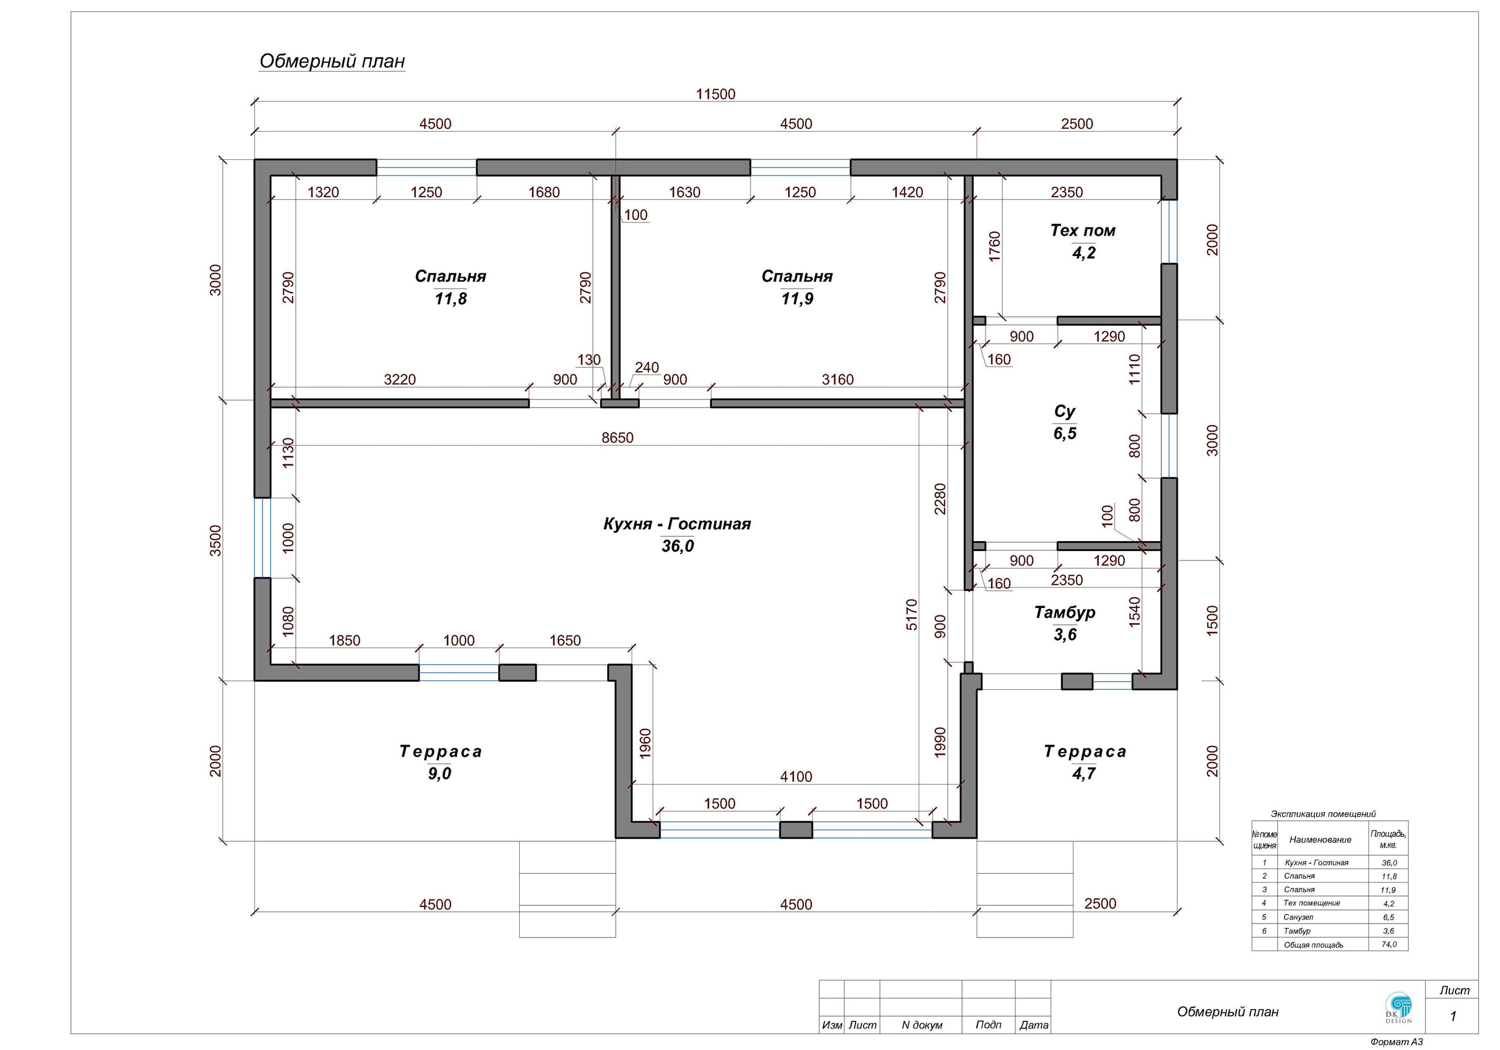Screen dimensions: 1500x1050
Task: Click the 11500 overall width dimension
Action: tap(715, 94)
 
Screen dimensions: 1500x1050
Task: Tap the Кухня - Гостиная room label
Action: tap(677, 524)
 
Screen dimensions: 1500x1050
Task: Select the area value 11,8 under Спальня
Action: tap(451, 299)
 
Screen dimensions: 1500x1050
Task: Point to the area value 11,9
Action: tap(797, 299)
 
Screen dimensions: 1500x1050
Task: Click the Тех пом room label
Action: tap(1083, 231)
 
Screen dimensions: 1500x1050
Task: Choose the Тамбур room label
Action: tap(1064, 613)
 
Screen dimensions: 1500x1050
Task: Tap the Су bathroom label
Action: tap(1064, 411)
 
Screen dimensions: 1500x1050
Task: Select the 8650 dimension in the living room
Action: tap(618, 437)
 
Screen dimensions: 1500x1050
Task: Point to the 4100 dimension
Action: tap(796, 777)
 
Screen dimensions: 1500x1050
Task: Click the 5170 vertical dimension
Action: tap(912, 614)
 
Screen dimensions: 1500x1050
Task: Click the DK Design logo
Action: tap(1398, 1008)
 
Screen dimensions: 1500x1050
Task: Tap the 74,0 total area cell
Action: tap(1389, 944)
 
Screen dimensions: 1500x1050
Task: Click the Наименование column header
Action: tap(1320, 840)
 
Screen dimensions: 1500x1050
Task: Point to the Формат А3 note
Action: tap(1396, 1042)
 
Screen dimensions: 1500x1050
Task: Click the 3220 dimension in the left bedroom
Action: tap(399, 379)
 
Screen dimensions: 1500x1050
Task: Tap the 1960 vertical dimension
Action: tap(645, 743)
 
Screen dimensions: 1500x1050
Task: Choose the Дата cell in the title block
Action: tap(1034, 1025)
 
